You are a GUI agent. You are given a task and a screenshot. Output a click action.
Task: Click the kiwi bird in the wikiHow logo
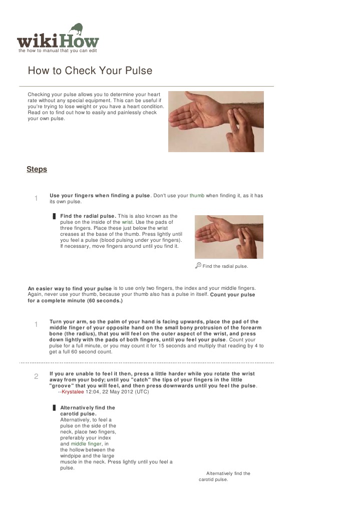click(x=77, y=29)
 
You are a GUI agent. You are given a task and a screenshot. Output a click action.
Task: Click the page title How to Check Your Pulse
click(x=90, y=71)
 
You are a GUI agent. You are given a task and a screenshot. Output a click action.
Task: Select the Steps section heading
click(x=37, y=169)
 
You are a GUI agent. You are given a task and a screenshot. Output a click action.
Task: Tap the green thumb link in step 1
click(x=197, y=195)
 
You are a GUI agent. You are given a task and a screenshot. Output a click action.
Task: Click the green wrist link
click(x=127, y=222)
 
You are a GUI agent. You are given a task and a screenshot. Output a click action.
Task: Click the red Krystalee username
click(x=73, y=392)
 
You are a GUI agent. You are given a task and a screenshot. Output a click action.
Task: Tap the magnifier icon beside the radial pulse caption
click(x=198, y=266)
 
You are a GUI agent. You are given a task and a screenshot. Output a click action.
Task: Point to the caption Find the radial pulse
click(x=225, y=266)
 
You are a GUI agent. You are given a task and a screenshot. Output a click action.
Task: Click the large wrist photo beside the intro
click(x=216, y=122)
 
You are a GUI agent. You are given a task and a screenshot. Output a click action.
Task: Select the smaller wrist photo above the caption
click(x=229, y=237)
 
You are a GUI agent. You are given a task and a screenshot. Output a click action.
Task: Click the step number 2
click(x=36, y=376)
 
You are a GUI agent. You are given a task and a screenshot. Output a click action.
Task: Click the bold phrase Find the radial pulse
click(x=88, y=216)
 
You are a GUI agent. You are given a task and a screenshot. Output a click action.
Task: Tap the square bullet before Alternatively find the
click(x=54, y=408)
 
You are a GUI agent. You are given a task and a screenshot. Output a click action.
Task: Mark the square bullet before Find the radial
click(x=54, y=216)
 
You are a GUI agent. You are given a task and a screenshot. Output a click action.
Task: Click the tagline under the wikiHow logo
click(x=58, y=51)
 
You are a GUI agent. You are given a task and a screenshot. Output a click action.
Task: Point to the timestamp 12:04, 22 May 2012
click(x=109, y=392)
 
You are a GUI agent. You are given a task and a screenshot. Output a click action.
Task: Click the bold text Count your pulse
click(x=232, y=295)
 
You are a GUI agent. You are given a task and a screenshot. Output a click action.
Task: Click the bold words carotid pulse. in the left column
click(x=78, y=414)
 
